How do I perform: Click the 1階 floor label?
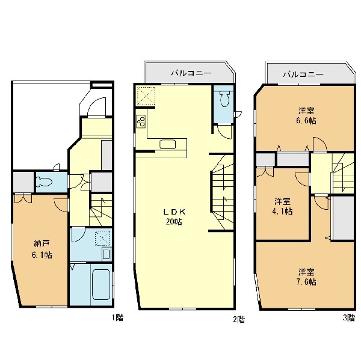(x=118, y=317)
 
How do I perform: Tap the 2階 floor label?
(x=239, y=320)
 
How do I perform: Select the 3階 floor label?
(x=349, y=318)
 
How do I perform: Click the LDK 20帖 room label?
(x=174, y=217)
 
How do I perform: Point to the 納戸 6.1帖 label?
(x=42, y=249)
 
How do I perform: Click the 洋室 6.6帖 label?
(x=307, y=116)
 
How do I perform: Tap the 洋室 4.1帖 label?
(x=283, y=206)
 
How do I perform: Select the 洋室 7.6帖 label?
(x=307, y=276)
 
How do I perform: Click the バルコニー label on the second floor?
(x=191, y=73)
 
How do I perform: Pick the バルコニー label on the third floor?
(x=303, y=74)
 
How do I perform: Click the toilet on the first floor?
(x=45, y=182)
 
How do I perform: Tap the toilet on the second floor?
(x=224, y=99)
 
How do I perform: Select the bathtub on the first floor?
(x=100, y=284)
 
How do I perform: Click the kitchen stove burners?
(x=141, y=121)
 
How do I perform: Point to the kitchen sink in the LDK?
(x=168, y=144)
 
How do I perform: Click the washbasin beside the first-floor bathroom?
(x=106, y=254)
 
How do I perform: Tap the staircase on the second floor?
(x=222, y=192)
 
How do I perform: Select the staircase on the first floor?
(x=101, y=210)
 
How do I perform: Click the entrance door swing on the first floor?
(x=96, y=107)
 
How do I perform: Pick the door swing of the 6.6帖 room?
(x=319, y=144)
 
